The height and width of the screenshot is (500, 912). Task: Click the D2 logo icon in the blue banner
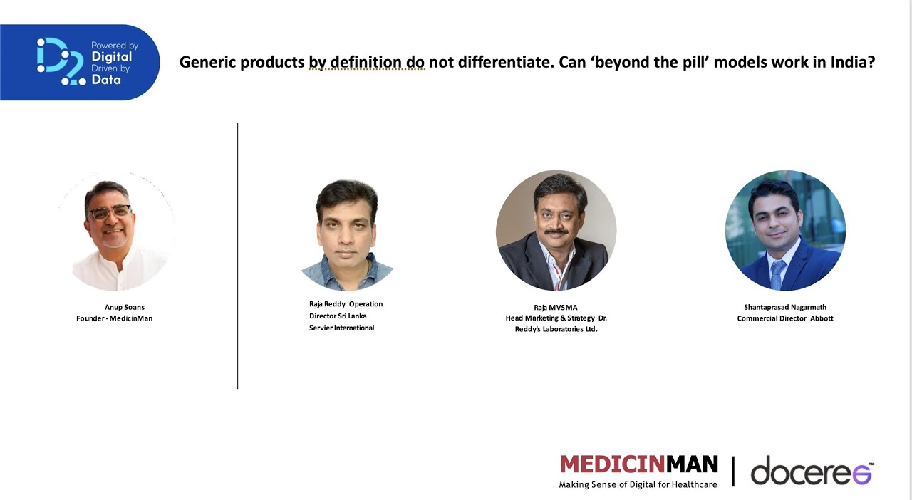tap(61, 61)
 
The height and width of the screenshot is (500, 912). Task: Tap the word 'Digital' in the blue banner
tap(112, 57)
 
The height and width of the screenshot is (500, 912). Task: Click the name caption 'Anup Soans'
tap(125, 308)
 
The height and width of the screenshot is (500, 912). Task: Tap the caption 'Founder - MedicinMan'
tap(115, 318)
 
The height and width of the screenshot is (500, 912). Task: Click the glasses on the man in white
tap(110, 212)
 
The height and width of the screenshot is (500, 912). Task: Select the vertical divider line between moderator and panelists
tap(237, 256)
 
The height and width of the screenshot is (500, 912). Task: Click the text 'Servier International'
tap(341, 328)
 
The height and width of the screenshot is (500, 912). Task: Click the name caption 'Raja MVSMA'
tap(556, 308)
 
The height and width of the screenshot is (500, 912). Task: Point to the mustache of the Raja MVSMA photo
tap(556, 232)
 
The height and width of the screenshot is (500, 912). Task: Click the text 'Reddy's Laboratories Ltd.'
tap(556, 329)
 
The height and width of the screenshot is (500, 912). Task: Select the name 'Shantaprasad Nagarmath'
tap(785, 308)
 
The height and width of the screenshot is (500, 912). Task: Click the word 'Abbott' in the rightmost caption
tap(822, 318)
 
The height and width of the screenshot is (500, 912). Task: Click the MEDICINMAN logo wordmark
tap(639, 464)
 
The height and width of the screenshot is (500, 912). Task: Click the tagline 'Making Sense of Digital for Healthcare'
tap(638, 484)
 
